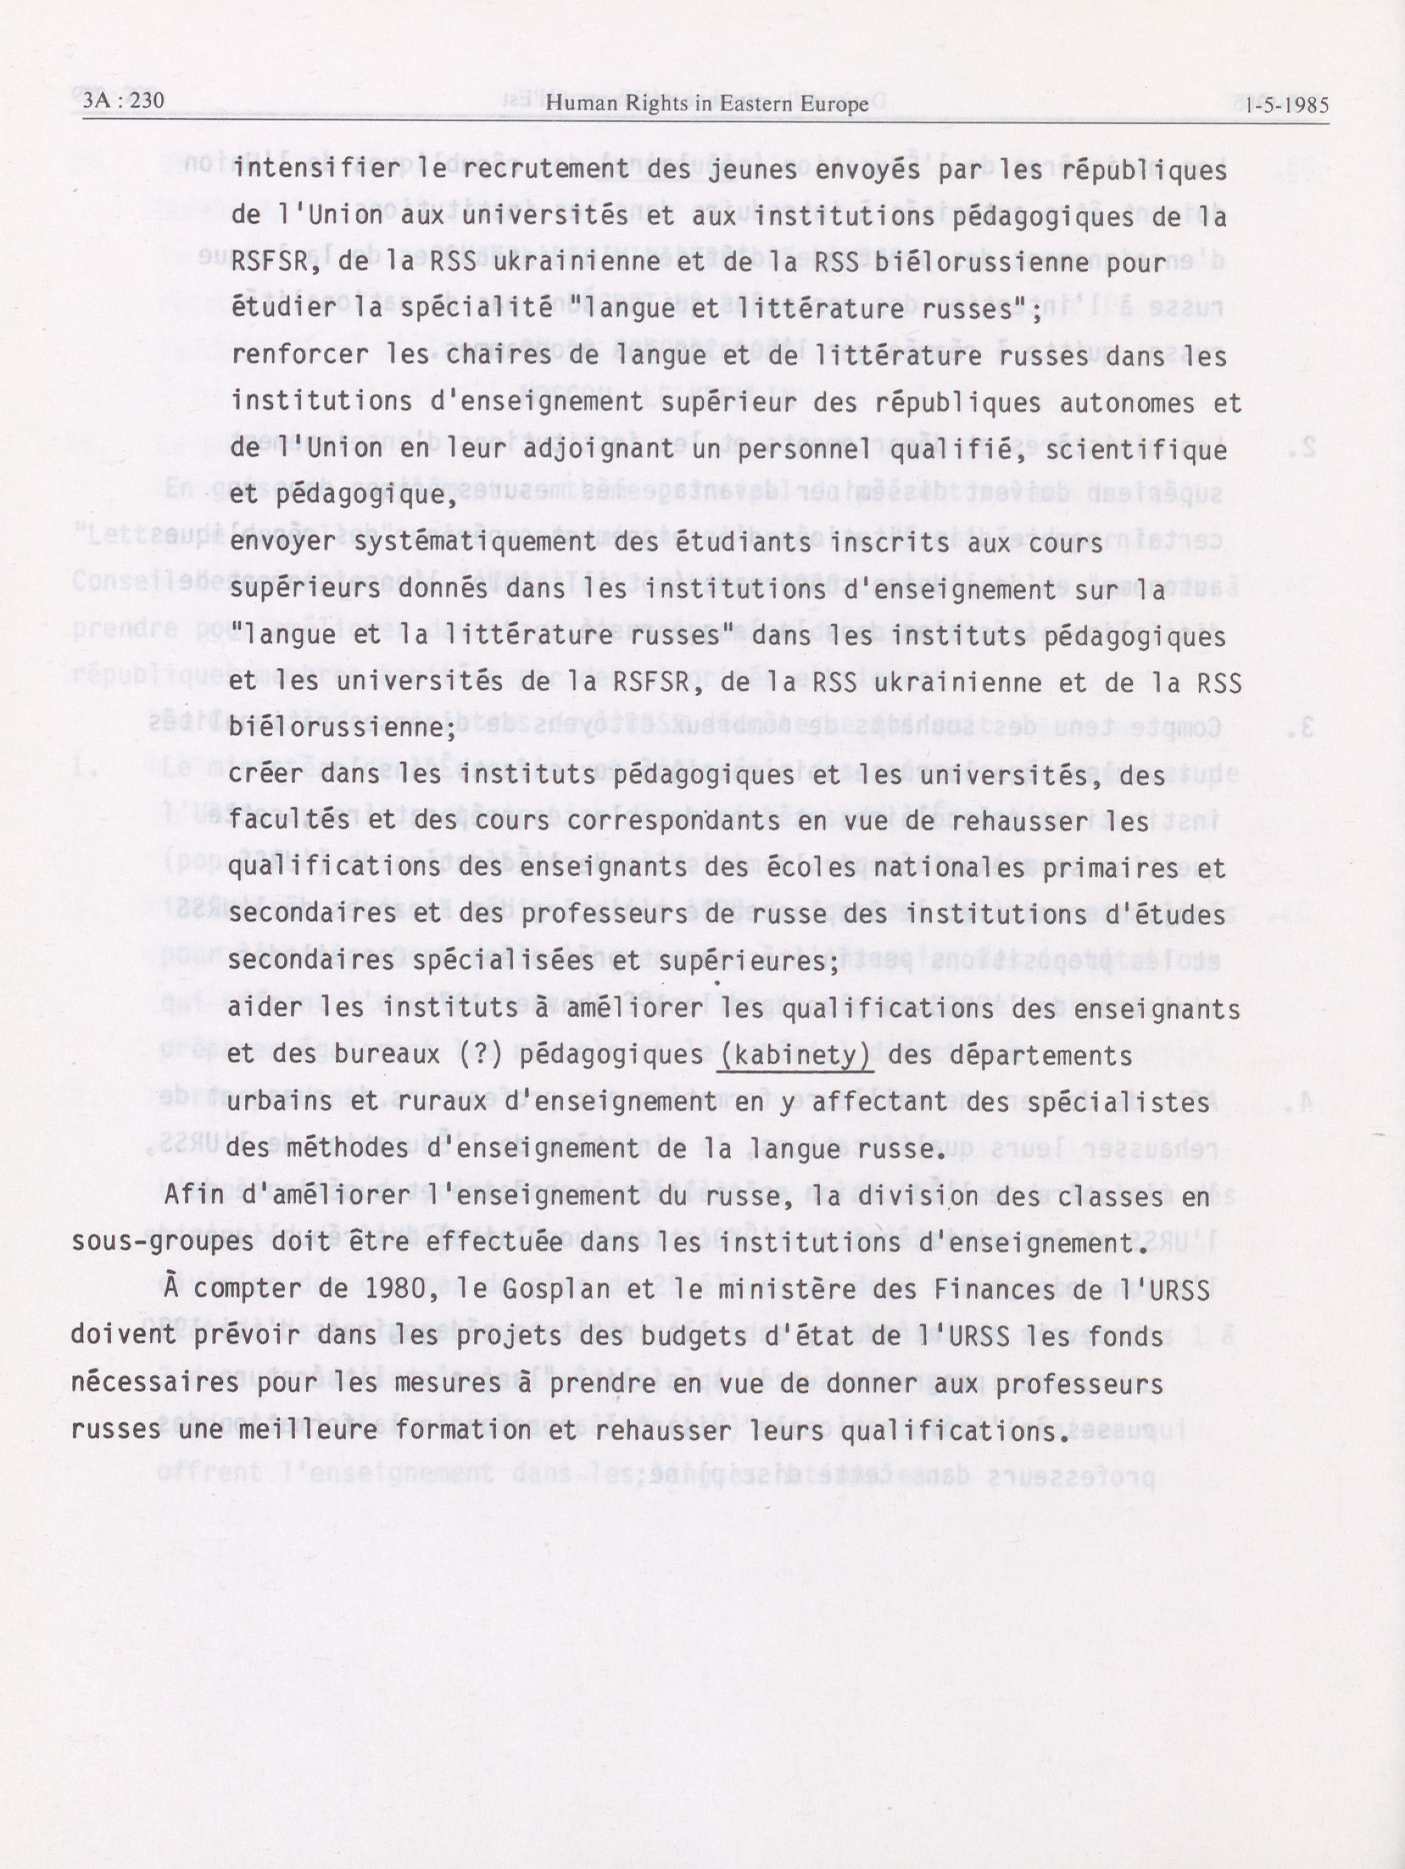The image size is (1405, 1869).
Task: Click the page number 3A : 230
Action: [x=123, y=102]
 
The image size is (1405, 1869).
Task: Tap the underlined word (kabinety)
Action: [x=794, y=1055]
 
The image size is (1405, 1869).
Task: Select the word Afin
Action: [x=194, y=1195]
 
